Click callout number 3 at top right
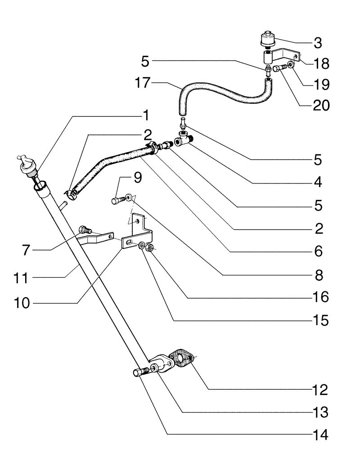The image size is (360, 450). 318,44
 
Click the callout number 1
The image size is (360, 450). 145,116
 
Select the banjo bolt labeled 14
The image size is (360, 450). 142,373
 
